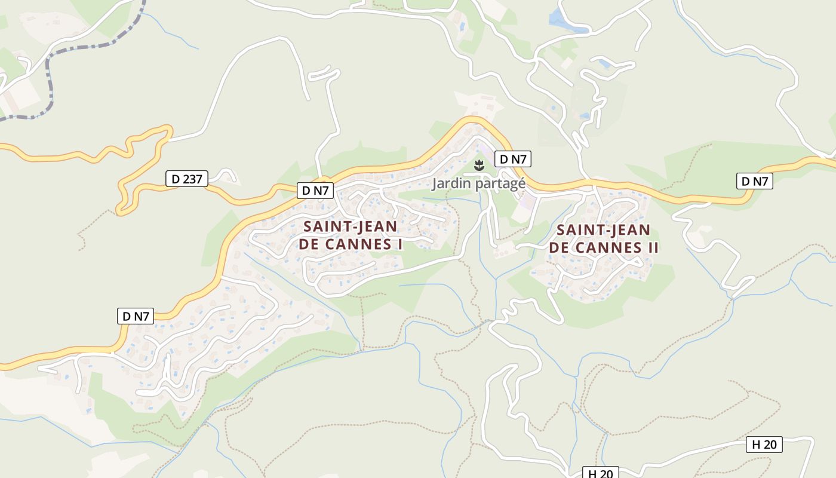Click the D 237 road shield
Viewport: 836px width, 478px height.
186,179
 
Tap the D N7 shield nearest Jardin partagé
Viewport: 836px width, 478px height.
512,159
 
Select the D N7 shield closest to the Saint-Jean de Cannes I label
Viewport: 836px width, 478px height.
315,191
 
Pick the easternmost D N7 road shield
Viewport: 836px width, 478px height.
754,181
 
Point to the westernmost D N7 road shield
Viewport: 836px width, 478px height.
135,316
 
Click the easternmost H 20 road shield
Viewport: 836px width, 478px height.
764,445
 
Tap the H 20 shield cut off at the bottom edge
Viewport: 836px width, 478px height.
600,473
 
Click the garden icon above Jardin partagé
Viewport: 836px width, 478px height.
478,165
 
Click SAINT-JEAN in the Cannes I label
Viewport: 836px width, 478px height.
350,227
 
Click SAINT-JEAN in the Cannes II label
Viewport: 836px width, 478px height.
603,231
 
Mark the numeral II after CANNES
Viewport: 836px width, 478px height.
651,248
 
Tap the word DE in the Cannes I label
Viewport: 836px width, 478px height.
309,244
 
